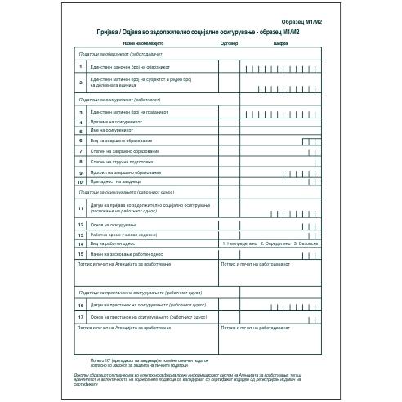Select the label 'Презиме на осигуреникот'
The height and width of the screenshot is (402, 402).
pyautogui.click(x=119, y=121)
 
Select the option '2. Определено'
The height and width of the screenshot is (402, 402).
pyautogui.click(x=276, y=243)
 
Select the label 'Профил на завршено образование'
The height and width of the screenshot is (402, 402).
pyautogui.click(x=127, y=173)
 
